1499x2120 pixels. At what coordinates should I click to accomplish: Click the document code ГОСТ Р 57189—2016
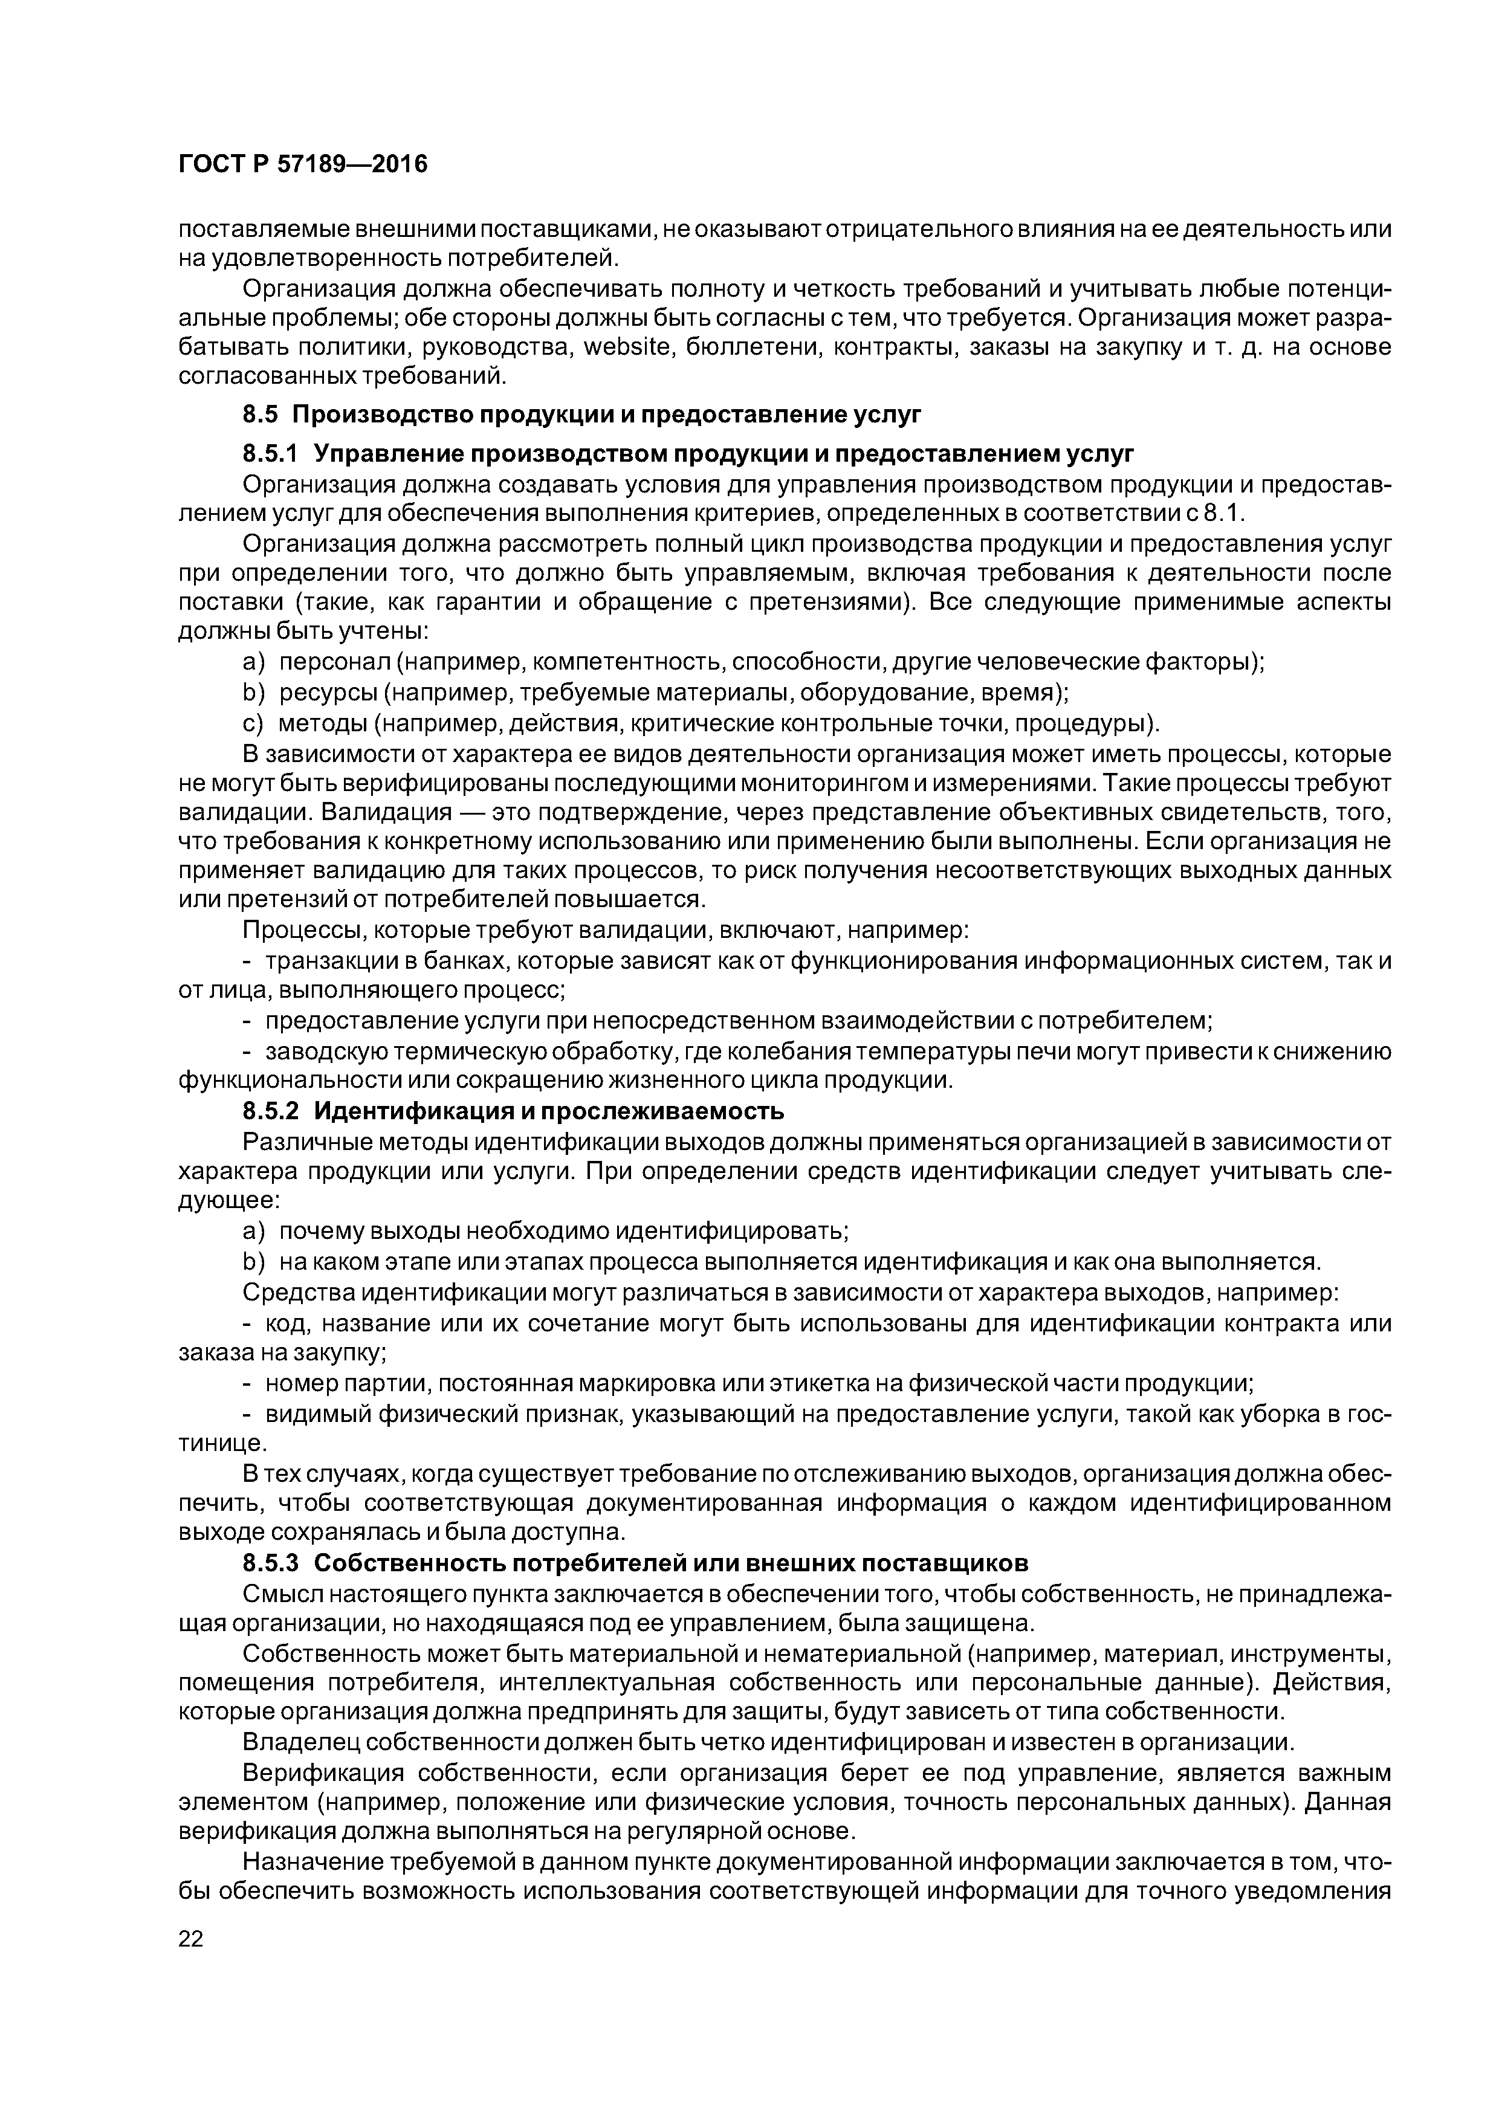point(302,164)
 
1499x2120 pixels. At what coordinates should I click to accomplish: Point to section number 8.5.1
point(271,454)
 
